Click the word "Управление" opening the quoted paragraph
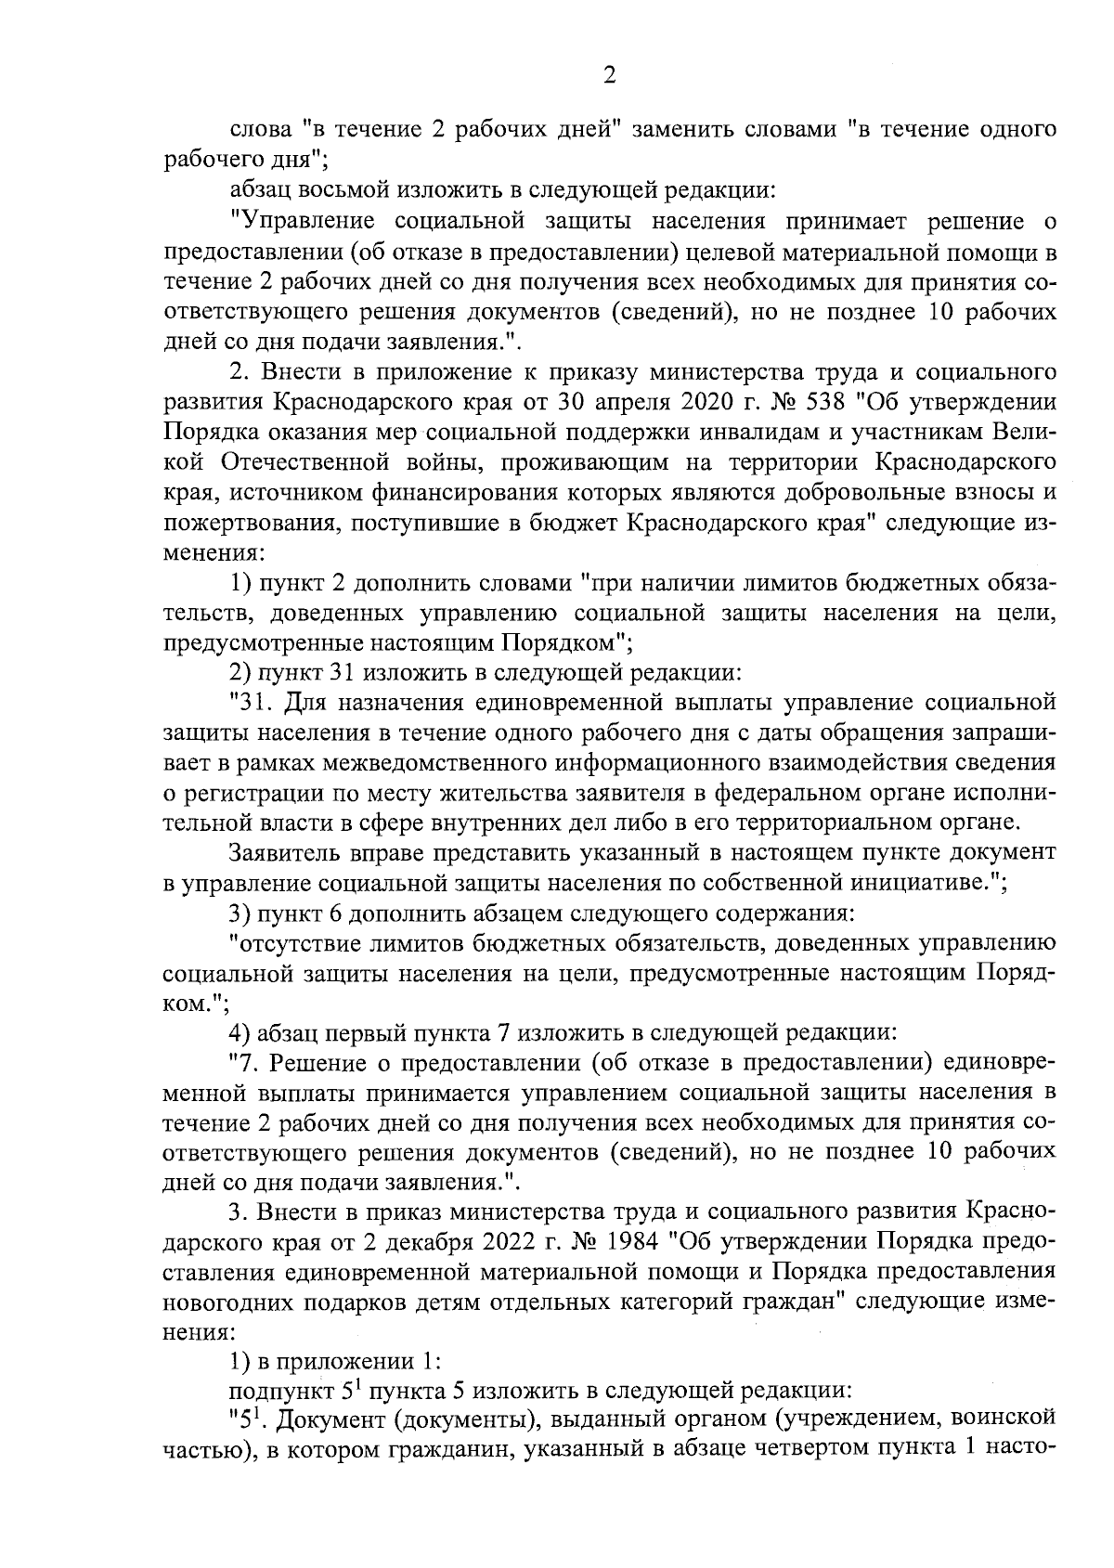(x=302, y=222)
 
